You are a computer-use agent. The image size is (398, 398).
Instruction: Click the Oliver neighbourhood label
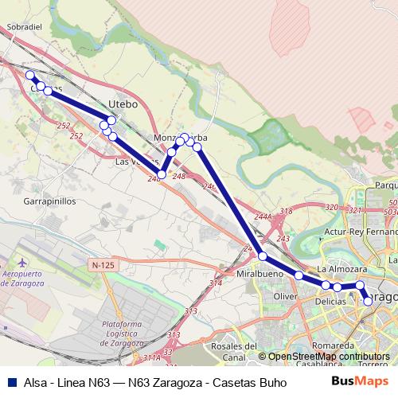tap(285, 296)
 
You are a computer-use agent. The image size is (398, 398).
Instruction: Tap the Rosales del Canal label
tap(237, 351)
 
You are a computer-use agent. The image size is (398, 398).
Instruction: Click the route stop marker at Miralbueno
tap(263, 256)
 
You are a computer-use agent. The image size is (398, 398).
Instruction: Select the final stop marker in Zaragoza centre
tap(368, 300)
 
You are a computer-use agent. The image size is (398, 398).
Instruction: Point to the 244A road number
tap(263, 217)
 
